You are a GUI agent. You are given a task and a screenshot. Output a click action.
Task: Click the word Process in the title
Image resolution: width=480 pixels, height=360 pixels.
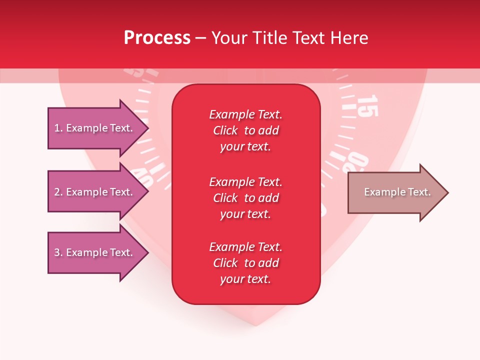(x=157, y=38)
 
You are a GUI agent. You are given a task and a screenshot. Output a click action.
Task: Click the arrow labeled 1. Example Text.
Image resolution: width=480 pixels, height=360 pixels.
(x=97, y=128)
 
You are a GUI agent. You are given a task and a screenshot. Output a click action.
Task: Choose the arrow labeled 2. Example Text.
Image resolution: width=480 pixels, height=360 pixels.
(x=97, y=192)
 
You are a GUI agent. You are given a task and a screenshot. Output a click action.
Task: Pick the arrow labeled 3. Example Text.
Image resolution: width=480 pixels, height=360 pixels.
(x=97, y=252)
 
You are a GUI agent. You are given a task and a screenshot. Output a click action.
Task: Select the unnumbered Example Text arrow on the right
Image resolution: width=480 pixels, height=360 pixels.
(x=397, y=192)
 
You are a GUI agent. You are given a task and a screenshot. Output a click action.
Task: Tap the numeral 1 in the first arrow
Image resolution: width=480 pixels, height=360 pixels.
(x=56, y=128)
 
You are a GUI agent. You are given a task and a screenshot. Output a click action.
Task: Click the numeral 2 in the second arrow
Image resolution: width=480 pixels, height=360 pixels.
(x=57, y=192)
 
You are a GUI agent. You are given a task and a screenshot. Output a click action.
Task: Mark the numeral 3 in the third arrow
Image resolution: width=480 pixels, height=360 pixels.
(x=57, y=252)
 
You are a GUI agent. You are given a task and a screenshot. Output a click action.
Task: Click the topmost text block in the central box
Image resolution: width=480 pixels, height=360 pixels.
(x=245, y=130)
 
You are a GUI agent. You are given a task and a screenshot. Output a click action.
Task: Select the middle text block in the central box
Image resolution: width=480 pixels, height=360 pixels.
(x=245, y=198)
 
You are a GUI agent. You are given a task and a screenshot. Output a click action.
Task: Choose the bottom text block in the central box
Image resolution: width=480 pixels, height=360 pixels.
(x=245, y=263)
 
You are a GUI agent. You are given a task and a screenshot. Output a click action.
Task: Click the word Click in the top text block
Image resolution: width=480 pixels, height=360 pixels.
(x=225, y=130)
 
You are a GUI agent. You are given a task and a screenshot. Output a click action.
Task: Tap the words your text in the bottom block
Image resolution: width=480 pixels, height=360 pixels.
(x=245, y=279)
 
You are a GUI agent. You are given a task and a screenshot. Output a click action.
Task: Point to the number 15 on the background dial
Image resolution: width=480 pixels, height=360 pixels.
(x=367, y=105)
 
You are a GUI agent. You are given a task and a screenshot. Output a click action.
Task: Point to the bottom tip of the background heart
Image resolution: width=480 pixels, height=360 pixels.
(x=256, y=325)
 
